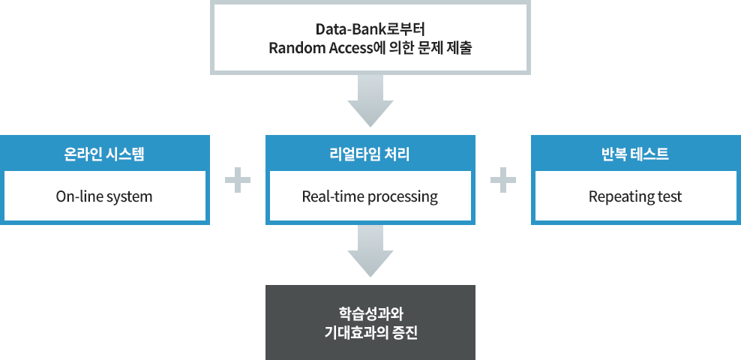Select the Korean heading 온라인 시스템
coord(104,154)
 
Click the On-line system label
coord(104,197)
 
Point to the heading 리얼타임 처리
coord(370,154)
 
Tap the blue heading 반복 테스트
coord(635,154)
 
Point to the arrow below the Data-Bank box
coord(370,102)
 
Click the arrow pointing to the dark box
coord(370,253)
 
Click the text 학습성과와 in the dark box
coord(370,313)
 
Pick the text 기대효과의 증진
coord(370,331)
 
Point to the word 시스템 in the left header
coord(124,154)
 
